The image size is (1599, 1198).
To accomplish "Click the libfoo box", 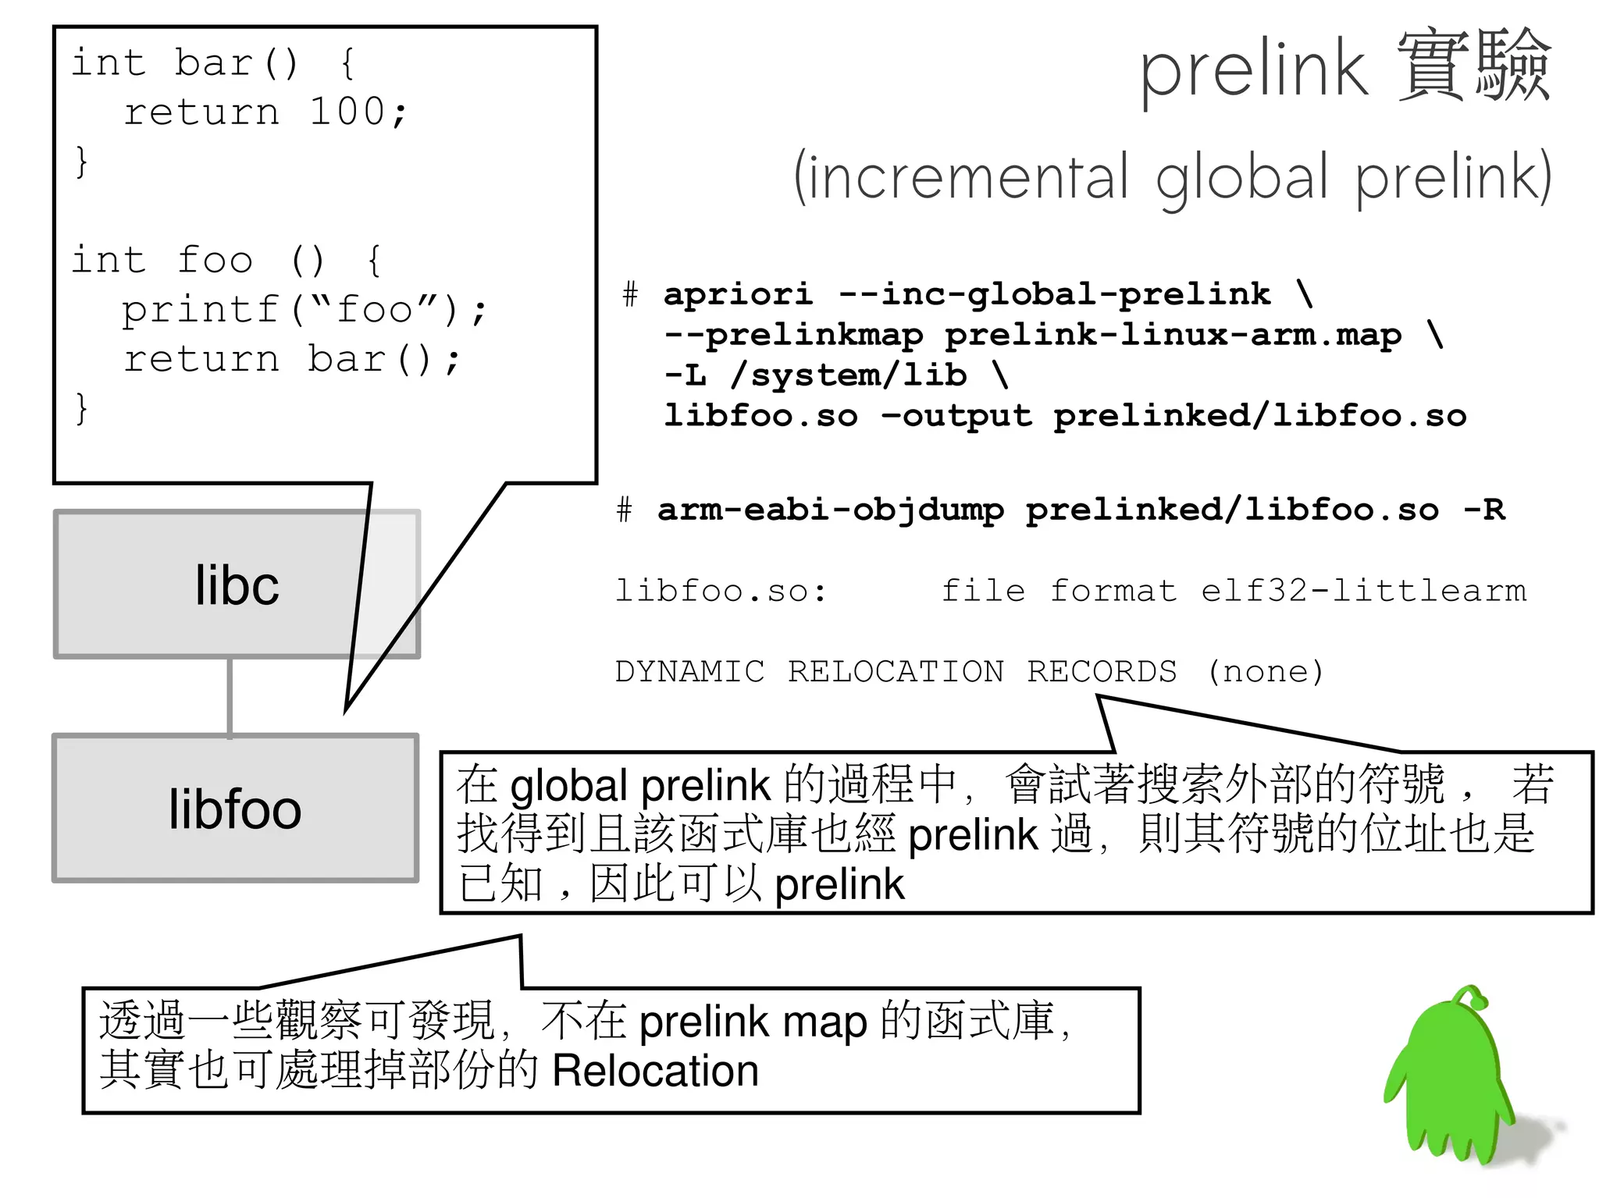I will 235,809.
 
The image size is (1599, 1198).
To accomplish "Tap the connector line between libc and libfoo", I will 230,696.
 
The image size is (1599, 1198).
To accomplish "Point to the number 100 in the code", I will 347,112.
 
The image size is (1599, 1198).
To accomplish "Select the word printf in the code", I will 201,310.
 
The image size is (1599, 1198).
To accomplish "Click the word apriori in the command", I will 738,294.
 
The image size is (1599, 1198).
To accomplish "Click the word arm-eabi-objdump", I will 830,510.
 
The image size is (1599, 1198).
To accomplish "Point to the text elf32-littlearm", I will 1363,591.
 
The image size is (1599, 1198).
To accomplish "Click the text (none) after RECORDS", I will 1266,671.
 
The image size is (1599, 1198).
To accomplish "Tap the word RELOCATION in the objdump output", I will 896,671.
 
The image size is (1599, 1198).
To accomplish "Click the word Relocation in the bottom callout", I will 655,1071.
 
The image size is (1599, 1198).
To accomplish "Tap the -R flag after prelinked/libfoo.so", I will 1483,510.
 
